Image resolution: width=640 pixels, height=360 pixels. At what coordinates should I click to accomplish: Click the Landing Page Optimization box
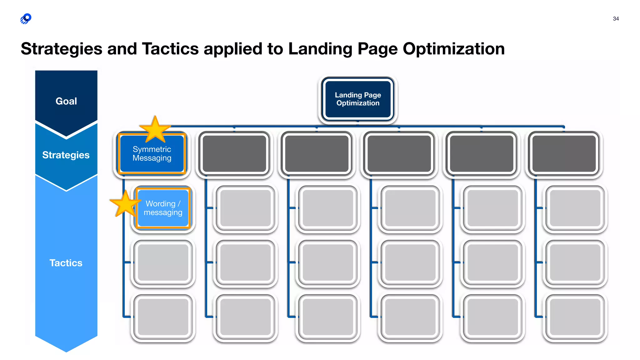pyautogui.click(x=358, y=99)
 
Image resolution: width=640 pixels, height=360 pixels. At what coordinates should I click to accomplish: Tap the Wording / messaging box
pyautogui.click(x=163, y=208)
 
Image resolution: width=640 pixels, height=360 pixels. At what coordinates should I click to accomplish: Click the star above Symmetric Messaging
pyautogui.click(x=155, y=129)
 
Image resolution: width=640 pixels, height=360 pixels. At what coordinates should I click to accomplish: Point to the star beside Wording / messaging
pyautogui.click(x=125, y=204)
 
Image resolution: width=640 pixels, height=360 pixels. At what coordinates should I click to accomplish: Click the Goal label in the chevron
pyautogui.click(x=66, y=101)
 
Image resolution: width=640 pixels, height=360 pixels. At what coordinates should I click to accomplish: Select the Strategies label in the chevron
pyautogui.click(x=66, y=155)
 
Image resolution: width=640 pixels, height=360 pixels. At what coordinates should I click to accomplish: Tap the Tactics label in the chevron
pyautogui.click(x=66, y=263)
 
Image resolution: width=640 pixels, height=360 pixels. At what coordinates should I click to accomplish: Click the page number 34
pyautogui.click(x=616, y=19)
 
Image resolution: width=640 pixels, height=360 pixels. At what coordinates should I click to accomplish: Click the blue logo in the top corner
pyautogui.click(x=26, y=19)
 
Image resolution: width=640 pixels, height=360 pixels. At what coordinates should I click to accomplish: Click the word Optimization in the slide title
pyautogui.click(x=453, y=49)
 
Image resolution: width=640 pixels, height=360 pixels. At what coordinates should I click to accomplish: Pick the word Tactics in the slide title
pyautogui.click(x=170, y=49)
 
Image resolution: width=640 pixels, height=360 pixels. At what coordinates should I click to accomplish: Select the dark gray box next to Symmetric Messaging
pyautogui.click(x=234, y=154)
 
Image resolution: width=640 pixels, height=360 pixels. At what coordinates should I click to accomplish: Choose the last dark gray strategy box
pyautogui.click(x=564, y=154)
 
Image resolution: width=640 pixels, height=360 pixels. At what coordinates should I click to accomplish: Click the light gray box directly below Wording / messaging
pyautogui.click(x=163, y=263)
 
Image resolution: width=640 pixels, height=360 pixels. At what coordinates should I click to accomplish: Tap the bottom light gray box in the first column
pyautogui.click(x=163, y=317)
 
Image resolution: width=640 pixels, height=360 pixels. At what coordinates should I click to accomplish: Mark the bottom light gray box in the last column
pyautogui.click(x=575, y=317)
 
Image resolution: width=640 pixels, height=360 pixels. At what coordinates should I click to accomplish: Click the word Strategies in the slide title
pyautogui.click(x=62, y=49)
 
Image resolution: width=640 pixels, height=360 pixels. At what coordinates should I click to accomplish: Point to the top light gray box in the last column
pyautogui.click(x=575, y=208)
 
